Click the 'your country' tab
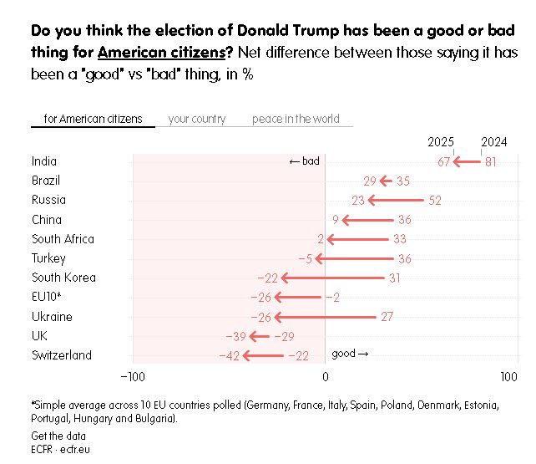click(196, 119)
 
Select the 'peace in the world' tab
click(296, 119)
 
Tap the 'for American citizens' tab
click(93, 119)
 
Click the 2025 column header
click(441, 142)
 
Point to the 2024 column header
click(494, 142)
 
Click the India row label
click(44, 161)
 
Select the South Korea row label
click(63, 278)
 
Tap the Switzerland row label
click(62, 355)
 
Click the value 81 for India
click(491, 162)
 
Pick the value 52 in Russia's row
click(434, 201)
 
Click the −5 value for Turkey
click(305, 259)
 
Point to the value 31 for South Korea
click(395, 278)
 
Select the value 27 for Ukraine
click(387, 317)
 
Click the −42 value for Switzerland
click(230, 356)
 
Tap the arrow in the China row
click(367, 220)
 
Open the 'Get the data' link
click(58, 436)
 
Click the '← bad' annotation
click(304, 161)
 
